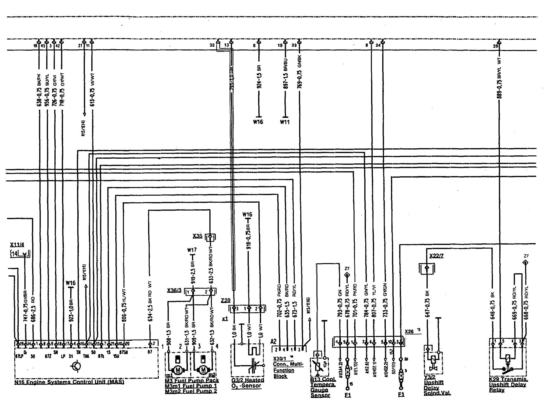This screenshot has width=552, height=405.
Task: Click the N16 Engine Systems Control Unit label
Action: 69,382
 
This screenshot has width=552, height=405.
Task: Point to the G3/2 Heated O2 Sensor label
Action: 248,383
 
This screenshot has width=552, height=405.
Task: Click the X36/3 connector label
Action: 174,290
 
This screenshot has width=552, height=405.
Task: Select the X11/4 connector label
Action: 17,245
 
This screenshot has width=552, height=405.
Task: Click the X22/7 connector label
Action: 436,256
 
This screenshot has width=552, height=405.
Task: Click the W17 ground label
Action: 192,250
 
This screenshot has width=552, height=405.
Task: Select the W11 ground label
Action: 284,122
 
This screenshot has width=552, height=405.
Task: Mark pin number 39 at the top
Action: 494,45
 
